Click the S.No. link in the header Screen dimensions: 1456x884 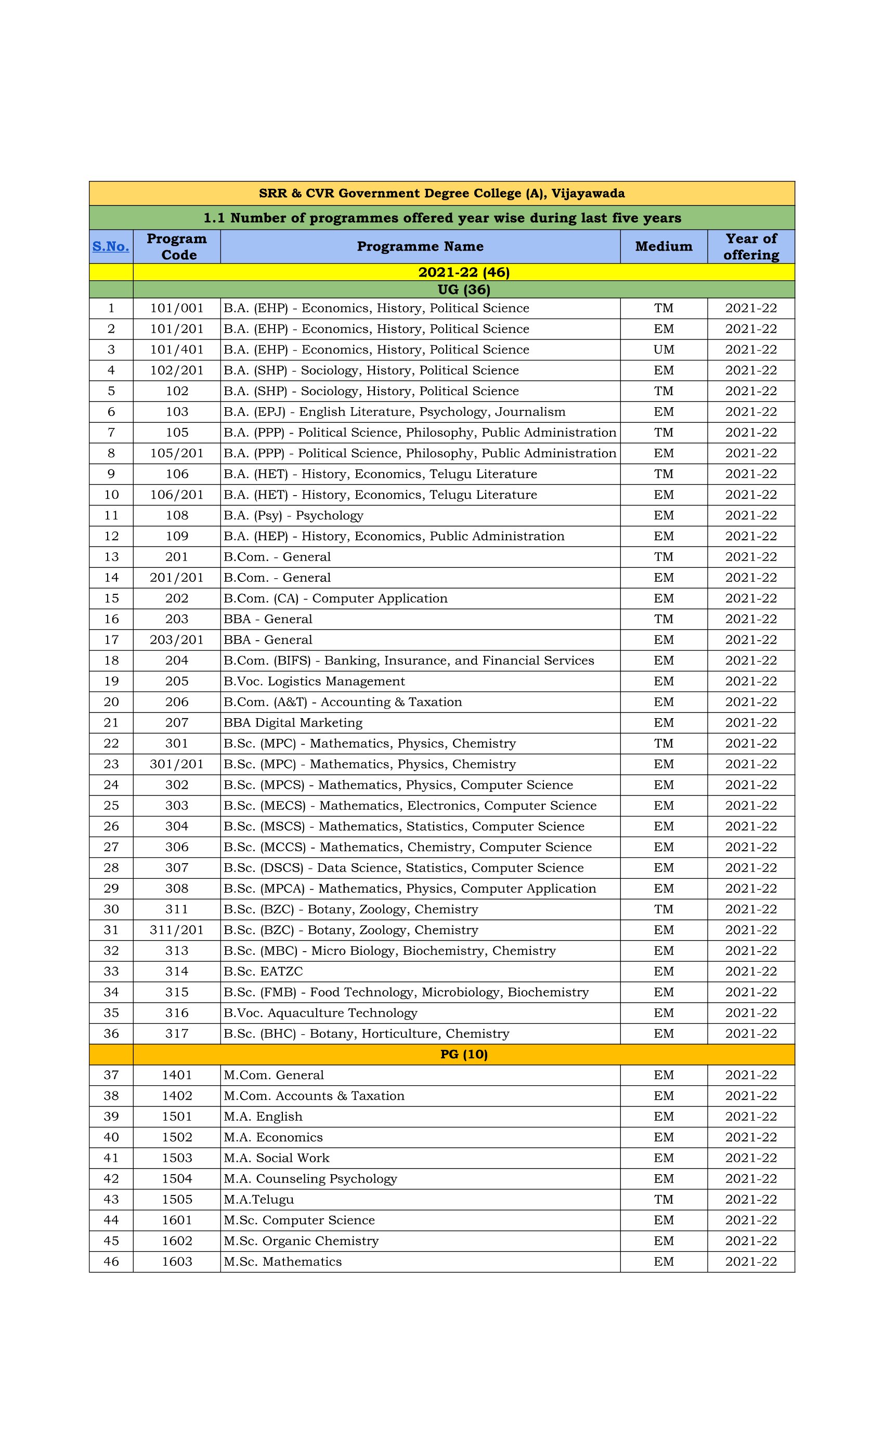pyautogui.click(x=110, y=246)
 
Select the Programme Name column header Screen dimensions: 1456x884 pyautogui.click(x=420, y=246)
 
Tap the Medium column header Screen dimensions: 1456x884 pyautogui.click(x=663, y=246)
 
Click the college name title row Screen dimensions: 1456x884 pyautogui.click(x=441, y=193)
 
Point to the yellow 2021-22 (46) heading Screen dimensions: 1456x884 pyautogui.click(x=463, y=272)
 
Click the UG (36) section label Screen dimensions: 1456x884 pyautogui.click(x=463, y=290)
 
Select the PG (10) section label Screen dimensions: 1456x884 pyautogui.click(x=463, y=1054)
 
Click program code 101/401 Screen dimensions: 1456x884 pyautogui.click(x=177, y=350)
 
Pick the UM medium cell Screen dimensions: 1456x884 pyautogui.click(x=663, y=350)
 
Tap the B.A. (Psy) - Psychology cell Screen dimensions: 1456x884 pyautogui.click(x=293, y=515)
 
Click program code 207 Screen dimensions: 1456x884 pyautogui.click(x=177, y=723)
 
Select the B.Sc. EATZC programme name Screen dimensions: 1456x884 pyautogui.click(x=263, y=971)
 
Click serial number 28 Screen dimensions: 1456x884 pyautogui.click(x=111, y=867)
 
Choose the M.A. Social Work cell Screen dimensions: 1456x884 pyautogui.click(x=276, y=1158)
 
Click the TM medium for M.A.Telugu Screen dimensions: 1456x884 pyautogui.click(x=663, y=1200)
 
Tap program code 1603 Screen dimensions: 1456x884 pyautogui.click(x=177, y=1262)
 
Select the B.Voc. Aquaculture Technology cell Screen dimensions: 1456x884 pyautogui.click(x=320, y=1013)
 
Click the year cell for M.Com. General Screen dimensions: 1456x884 pyautogui.click(x=750, y=1075)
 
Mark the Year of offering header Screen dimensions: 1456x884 pyautogui.click(x=750, y=246)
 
